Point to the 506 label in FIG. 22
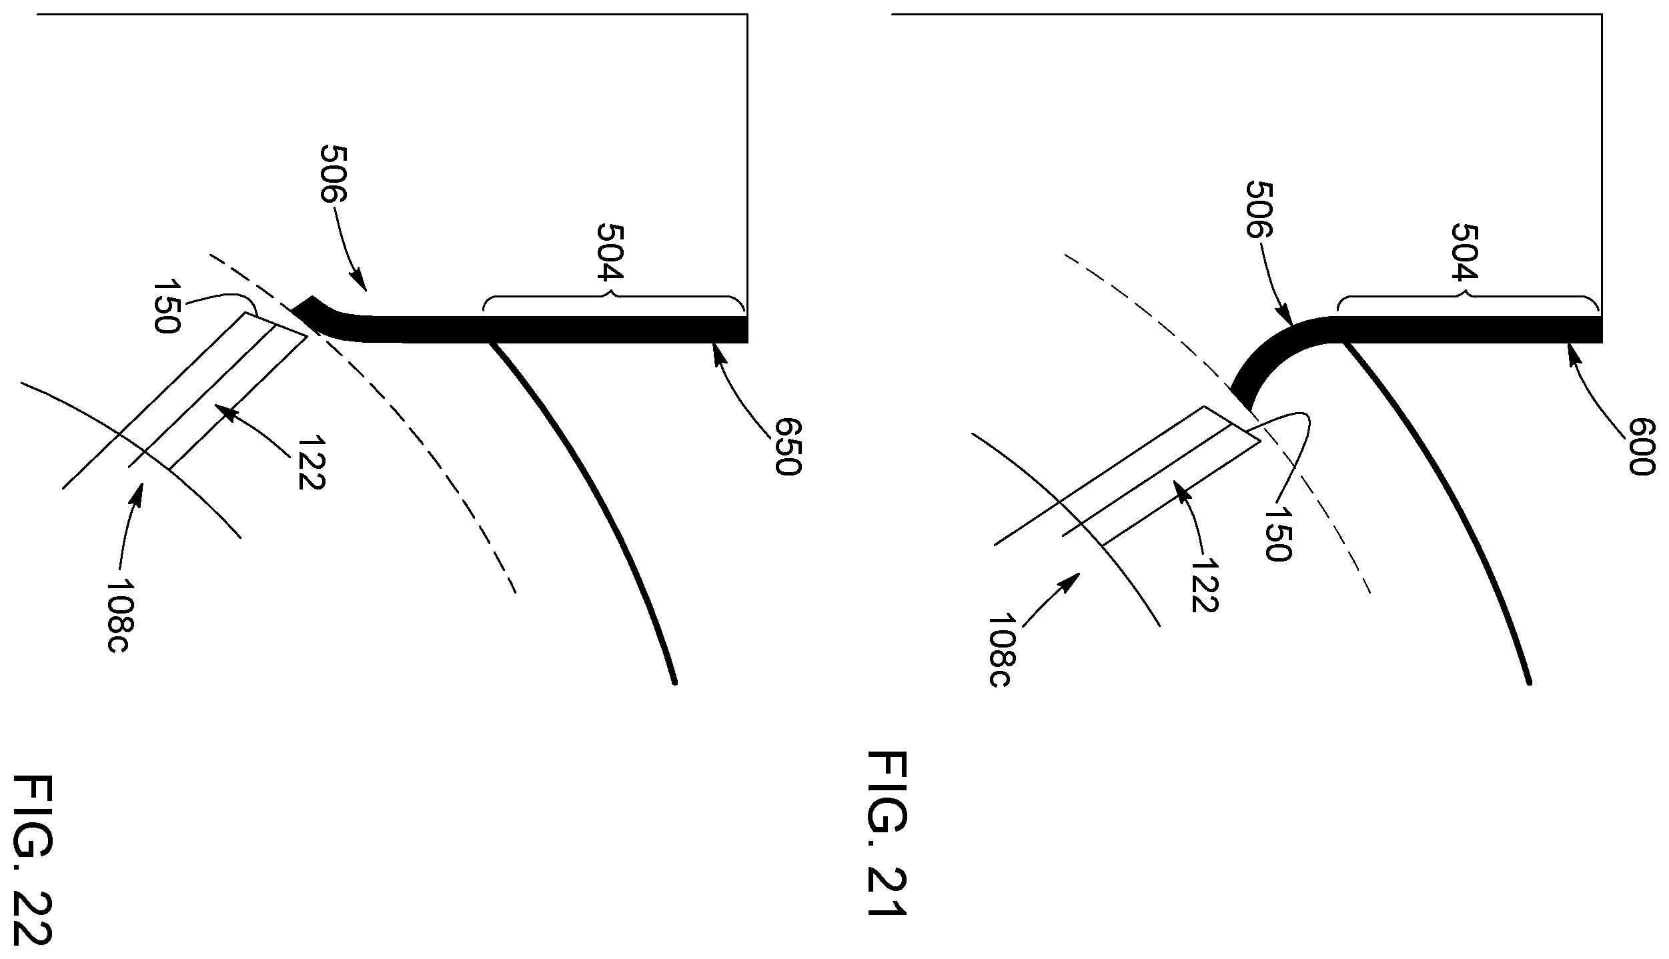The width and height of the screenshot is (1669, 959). pos(334,173)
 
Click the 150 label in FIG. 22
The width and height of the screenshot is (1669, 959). pos(166,307)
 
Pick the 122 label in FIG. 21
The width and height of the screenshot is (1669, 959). pos(1204,584)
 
